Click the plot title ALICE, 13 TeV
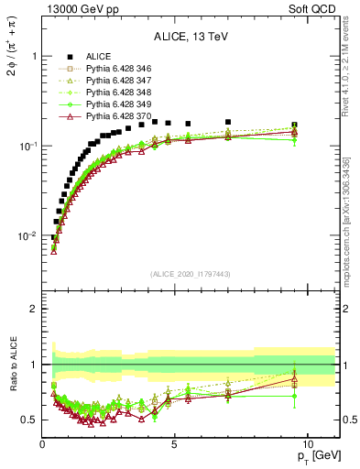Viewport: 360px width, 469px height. (191, 37)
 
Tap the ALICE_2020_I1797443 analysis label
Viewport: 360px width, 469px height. (191, 274)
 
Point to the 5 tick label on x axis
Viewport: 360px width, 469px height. (175, 444)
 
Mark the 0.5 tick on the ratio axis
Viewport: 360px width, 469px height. (29, 420)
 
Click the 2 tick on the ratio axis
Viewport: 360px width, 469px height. (34, 309)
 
